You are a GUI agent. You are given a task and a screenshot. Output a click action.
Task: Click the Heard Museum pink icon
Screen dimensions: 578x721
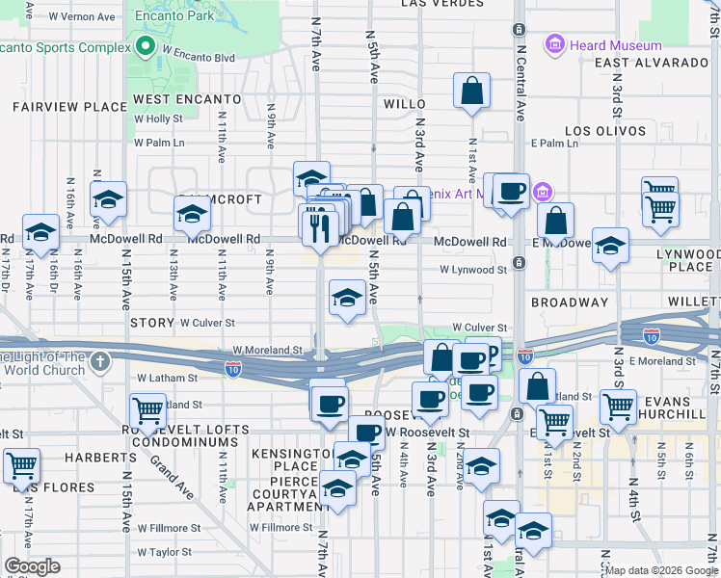pos(554,44)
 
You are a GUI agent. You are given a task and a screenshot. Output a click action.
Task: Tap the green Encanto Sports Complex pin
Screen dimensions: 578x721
pos(147,46)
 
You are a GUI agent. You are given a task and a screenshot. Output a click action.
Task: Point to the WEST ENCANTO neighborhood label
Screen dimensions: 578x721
pos(187,99)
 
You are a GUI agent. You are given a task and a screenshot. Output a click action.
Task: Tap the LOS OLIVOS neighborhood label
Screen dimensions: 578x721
pos(603,130)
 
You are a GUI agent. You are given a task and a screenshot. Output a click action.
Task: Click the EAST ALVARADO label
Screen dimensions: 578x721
pos(651,63)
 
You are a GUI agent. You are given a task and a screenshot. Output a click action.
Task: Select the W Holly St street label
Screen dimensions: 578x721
pos(159,118)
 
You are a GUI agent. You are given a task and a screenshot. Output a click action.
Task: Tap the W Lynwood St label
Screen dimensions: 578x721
pos(473,271)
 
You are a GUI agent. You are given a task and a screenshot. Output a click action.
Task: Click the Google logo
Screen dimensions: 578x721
pos(33,566)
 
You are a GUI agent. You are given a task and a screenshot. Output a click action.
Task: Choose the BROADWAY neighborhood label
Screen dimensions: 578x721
pos(569,302)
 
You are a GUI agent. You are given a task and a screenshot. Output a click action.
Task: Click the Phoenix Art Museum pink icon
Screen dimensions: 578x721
pos(542,191)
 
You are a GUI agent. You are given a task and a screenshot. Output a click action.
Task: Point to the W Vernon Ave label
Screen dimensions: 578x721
pos(81,17)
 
